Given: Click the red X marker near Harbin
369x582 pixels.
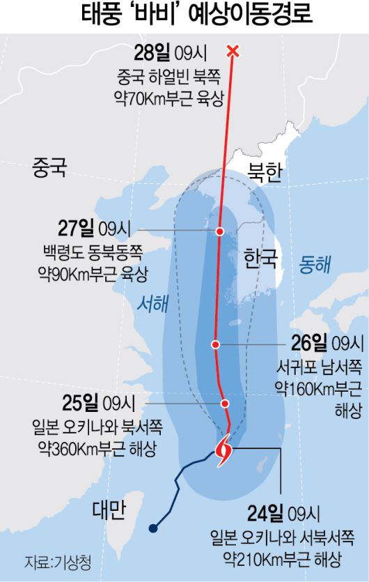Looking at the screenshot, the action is coord(233,51).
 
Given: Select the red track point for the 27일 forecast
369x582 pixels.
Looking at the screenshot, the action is coord(220,231).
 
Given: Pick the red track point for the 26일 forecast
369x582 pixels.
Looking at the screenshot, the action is coord(217,344).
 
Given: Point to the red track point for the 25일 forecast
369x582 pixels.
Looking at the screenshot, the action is coord(225,403).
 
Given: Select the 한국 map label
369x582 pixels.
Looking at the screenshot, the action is coord(260,260).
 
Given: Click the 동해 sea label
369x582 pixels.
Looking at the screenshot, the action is coord(315,264).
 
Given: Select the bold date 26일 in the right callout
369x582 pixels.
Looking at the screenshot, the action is coord(310,343).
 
